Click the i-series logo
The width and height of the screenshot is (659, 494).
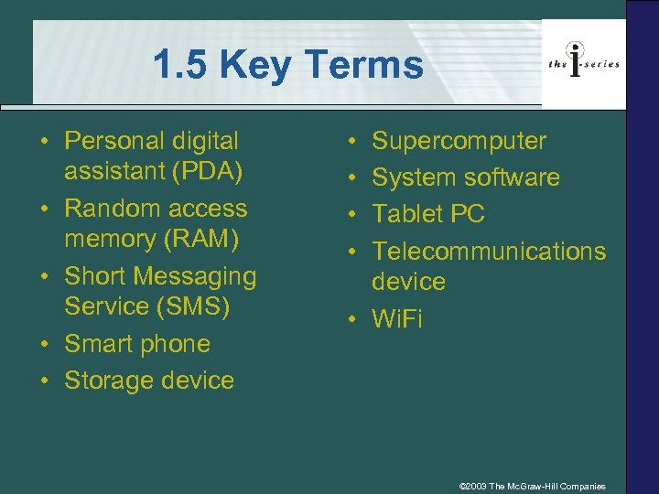pos(583,63)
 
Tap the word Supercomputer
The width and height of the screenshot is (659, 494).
pos(459,141)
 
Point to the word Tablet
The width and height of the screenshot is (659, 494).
pos(406,214)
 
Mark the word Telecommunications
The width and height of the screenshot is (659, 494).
pos(489,251)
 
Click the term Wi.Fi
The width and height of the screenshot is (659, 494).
pos(397,319)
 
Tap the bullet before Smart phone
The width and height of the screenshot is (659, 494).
pos(44,345)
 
